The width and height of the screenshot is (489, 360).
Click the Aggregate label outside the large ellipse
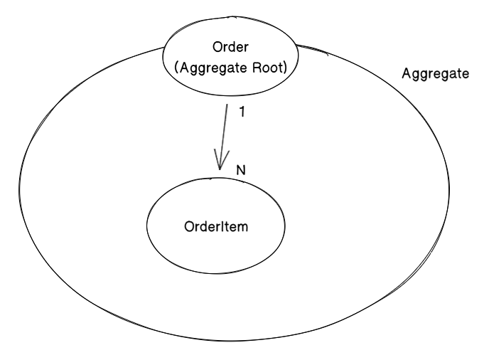click(434, 74)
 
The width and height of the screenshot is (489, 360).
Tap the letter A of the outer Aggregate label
click(405, 73)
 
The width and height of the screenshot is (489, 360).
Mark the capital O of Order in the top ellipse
click(217, 48)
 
